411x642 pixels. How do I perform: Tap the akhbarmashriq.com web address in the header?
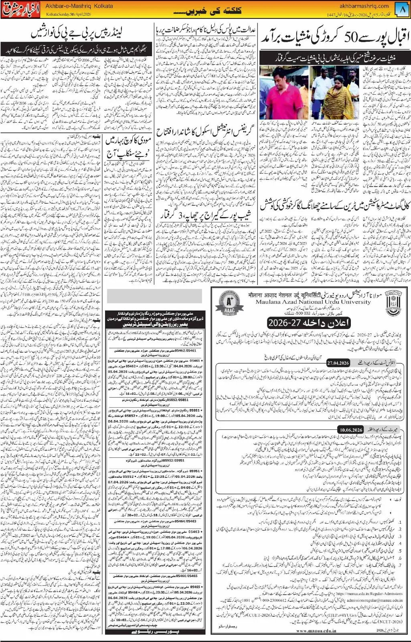click(364, 6)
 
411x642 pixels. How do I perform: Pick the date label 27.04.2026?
click(339, 363)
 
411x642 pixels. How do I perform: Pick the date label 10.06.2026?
click(351, 430)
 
